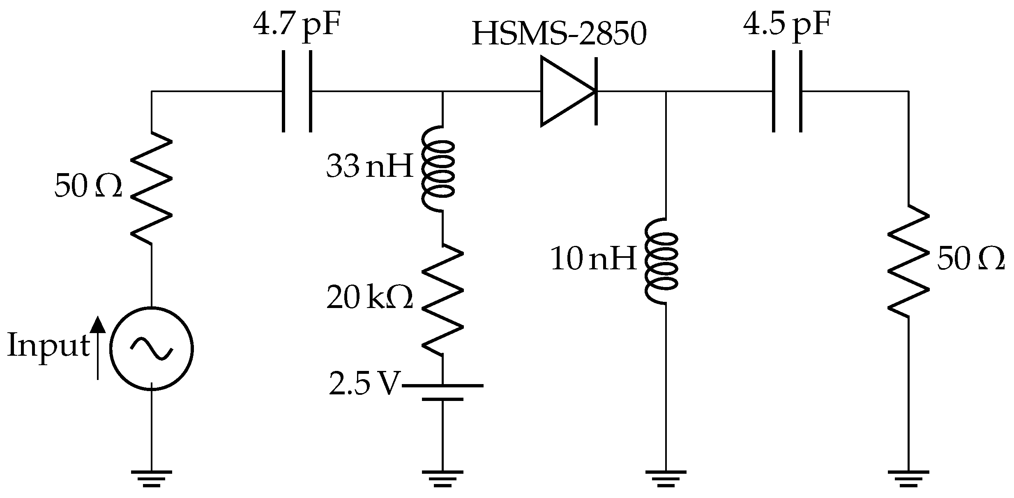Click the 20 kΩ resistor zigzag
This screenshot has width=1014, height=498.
(x=443, y=300)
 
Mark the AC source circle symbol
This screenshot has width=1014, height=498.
(x=152, y=348)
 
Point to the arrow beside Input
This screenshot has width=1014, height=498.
(x=97, y=347)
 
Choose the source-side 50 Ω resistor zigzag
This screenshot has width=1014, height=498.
(x=151, y=188)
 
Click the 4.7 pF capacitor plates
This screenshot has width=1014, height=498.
(x=297, y=91)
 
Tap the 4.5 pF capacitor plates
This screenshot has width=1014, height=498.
(x=787, y=91)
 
